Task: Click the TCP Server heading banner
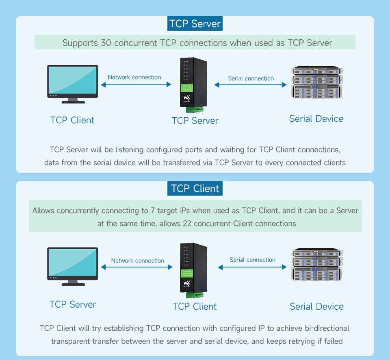pyautogui.click(x=195, y=24)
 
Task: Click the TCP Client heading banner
pyautogui.click(x=195, y=189)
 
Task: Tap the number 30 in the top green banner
pyautogui.click(x=105, y=43)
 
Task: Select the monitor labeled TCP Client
pyautogui.click(x=73, y=84)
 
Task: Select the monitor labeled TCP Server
pyautogui.click(x=73, y=266)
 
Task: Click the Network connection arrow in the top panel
pyautogui.click(x=136, y=84)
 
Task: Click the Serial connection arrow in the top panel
pyautogui.click(x=250, y=85)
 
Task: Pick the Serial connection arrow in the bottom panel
pyautogui.click(x=252, y=267)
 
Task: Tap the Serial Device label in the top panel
pyautogui.click(x=316, y=119)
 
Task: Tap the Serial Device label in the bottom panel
pyautogui.click(x=316, y=306)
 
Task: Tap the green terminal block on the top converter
pyautogui.click(x=194, y=109)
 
